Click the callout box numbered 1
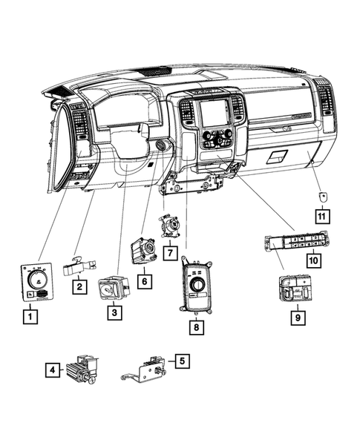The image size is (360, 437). click(29, 318)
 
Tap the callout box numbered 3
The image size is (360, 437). click(114, 314)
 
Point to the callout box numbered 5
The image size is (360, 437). click(181, 361)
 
